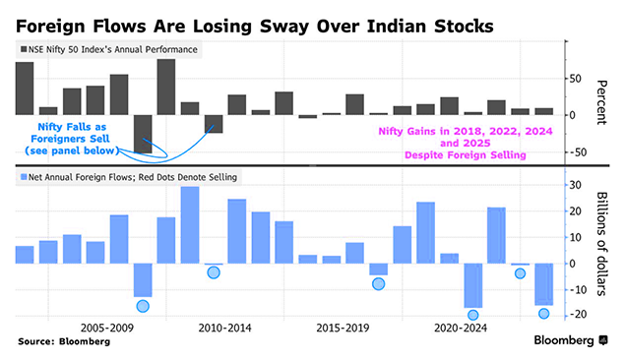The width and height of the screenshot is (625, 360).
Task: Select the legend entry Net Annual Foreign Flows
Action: [x=128, y=177]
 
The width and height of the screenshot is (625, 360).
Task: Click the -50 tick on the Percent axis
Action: [x=580, y=151]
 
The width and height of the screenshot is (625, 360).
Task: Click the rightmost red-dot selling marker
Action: [x=543, y=314]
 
